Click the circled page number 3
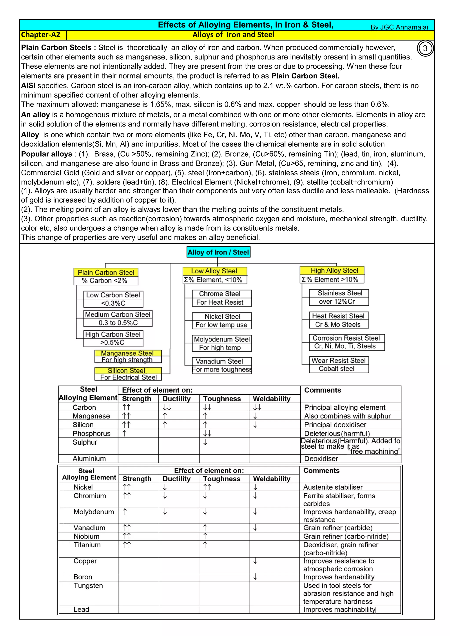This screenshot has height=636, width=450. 425,49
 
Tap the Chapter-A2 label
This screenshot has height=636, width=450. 41,35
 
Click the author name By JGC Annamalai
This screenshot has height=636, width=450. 399,27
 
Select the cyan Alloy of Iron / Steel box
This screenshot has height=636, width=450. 218,252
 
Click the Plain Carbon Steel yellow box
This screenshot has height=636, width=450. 106,272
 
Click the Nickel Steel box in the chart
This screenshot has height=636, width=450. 222,316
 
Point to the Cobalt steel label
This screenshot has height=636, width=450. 336,369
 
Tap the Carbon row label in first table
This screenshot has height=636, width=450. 84,407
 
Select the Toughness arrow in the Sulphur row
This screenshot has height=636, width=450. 205,442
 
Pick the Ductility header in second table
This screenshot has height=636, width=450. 176,479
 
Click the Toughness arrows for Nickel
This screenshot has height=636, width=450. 207,487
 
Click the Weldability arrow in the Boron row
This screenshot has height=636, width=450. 255,577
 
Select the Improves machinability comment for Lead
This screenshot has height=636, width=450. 339,609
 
